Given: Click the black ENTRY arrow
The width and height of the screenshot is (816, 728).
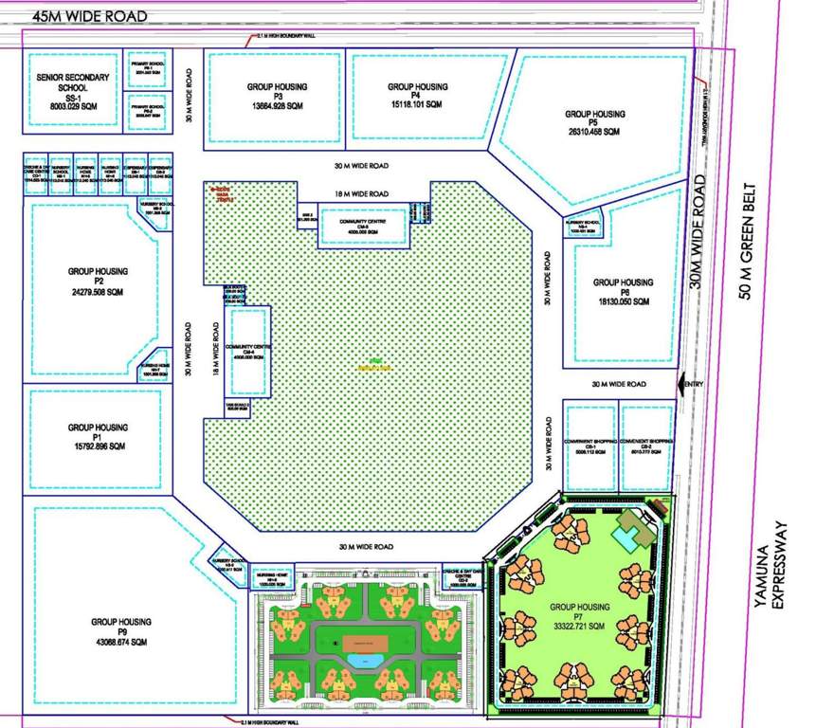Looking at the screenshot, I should tap(680, 384).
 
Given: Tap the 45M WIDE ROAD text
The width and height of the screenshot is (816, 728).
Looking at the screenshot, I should tap(90, 16).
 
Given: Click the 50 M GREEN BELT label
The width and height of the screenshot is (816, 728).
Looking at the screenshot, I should tap(749, 241).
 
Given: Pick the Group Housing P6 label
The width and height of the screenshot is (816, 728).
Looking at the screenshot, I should tap(623, 282).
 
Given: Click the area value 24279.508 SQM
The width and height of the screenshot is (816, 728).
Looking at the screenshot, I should tap(98, 292).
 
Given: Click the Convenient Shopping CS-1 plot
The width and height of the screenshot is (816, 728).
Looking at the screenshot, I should tap(590, 446).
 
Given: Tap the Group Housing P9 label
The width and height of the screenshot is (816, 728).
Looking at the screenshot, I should tap(122, 622).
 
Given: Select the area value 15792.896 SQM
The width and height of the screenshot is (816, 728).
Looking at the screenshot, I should tap(98, 446).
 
